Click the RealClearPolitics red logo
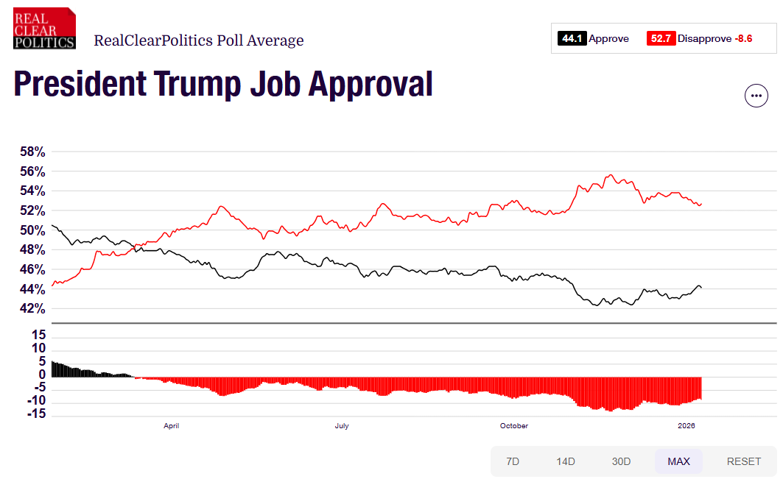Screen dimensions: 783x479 (44, 29)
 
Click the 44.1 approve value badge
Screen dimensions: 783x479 (572, 38)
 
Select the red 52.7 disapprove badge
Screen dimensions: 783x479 (661, 38)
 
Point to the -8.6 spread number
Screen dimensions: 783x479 (743, 38)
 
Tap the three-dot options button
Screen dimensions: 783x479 (756, 96)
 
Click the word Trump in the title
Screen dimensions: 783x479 (197, 84)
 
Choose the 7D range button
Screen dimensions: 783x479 (513, 461)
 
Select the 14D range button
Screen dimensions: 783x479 (565, 461)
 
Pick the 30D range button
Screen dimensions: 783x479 (621, 461)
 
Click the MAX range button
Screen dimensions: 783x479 (678, 461)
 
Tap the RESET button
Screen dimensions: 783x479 (743, 461)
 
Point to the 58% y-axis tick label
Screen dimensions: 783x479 (32, 152)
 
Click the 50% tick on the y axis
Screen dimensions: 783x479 (32, 230)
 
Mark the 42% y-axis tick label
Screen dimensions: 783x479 (32, 308)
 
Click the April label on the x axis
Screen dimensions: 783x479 (172, 425)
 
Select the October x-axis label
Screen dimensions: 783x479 (514, 425)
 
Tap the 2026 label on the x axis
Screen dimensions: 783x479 (686, 425)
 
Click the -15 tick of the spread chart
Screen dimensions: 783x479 (36, 414)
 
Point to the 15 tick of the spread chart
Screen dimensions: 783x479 (38, 335)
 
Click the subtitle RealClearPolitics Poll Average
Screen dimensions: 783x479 (199, 40)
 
